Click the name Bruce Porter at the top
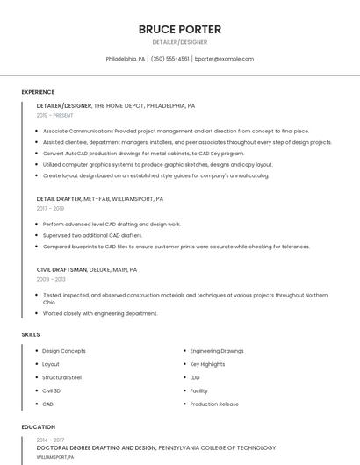180,29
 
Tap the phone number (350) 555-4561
170,59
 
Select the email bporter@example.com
224,59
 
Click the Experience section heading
38,92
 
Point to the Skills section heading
31,334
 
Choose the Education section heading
39,427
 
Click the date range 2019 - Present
55,115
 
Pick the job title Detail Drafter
59,199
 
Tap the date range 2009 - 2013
51,279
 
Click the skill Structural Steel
62,377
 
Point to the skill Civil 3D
52,390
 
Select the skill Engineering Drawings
217,351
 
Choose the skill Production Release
214,404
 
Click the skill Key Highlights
208,364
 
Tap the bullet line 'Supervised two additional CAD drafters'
92,235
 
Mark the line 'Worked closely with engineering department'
100,313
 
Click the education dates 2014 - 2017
50,440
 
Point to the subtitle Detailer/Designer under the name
180,42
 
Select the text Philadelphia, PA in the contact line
126,59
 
